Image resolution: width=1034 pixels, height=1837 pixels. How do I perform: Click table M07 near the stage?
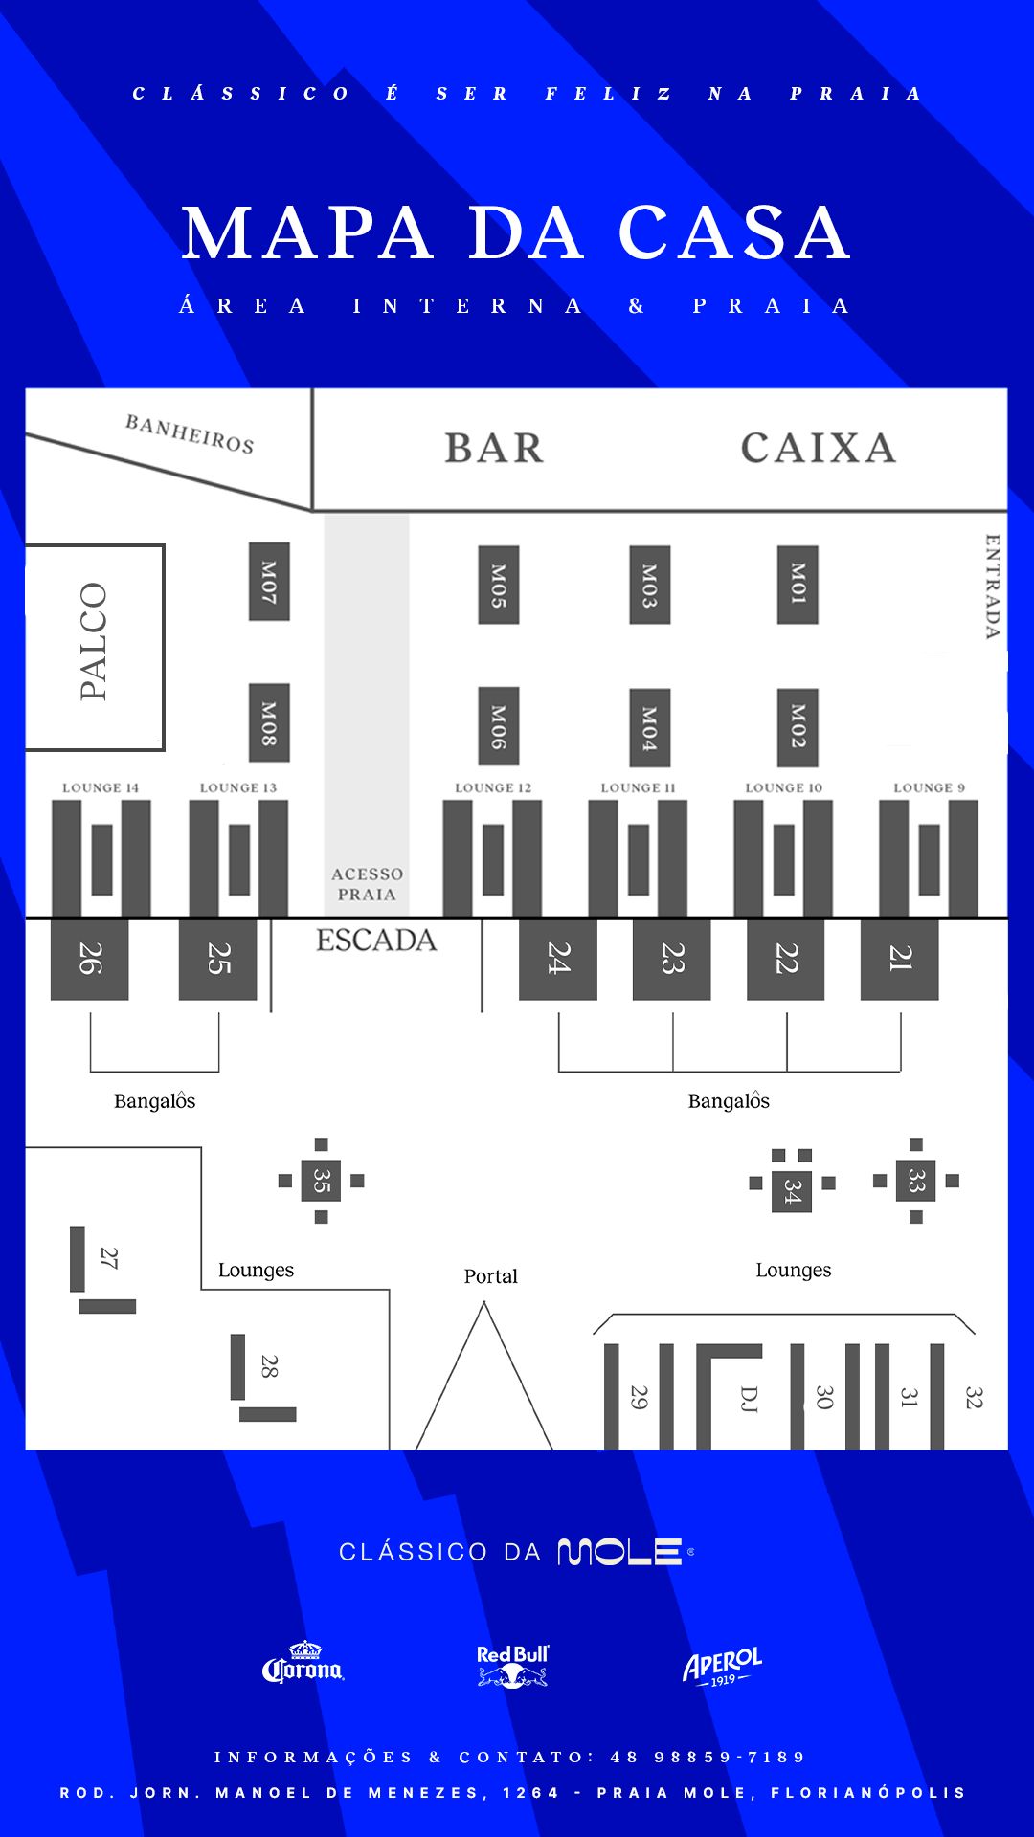pos(269,582)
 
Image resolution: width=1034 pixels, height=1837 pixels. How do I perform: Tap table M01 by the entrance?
pos(798,584)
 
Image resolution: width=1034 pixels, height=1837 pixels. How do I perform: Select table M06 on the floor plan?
pos(498,726)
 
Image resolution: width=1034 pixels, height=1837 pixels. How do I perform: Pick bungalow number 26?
pos(89,959)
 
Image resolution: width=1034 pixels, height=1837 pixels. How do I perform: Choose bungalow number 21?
pos(899,959)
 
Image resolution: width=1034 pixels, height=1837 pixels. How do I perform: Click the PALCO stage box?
pos(94,647)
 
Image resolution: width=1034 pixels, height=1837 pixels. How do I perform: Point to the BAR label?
pos(494,448)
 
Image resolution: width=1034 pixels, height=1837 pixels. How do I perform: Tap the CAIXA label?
pos(819,448)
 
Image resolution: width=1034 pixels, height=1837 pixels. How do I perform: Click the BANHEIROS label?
pos(190,433)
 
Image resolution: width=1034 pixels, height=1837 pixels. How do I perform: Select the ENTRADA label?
pos(993,586)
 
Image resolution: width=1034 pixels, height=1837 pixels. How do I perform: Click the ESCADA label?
pos(376,941)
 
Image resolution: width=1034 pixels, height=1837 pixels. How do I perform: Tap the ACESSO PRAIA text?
pos(367,884)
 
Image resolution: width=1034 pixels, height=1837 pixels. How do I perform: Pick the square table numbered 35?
pos(322,1181)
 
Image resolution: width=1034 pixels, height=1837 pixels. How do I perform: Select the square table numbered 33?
pos(916,1181)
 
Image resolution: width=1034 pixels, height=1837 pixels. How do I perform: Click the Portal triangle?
pos(484,1387)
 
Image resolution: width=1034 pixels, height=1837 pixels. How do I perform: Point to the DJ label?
pos(750,1398)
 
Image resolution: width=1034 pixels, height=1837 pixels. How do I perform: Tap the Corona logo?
pos(303,1664)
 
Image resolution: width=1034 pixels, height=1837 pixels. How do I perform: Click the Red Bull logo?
pos(513,1665)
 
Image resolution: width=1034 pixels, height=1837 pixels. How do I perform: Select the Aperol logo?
pos(722,1666)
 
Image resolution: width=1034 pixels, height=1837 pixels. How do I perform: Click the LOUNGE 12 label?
pos(493,787)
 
